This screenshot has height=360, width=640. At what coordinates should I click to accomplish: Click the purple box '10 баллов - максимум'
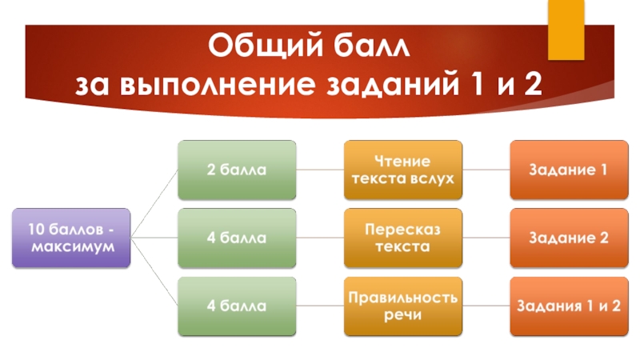pyautogui.click(x=70, y=238)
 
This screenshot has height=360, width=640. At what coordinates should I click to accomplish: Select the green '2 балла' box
pyautogui.click(x=237, y=170)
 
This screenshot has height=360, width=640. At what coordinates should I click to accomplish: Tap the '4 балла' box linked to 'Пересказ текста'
pyautogui.click(x=237, y=238)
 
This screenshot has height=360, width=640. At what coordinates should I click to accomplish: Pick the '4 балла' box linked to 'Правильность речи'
pyautogui.click(x=237, y=306)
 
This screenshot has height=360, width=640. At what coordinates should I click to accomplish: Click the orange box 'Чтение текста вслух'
pyautogui.click(x=403, y=170)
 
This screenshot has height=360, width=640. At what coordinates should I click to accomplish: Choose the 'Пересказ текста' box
pyautogui.click(x=403, y=238)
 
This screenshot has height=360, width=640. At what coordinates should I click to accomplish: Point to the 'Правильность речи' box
pyautogui.click(x=403, y=306)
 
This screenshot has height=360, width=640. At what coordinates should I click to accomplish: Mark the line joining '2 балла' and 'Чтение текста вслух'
pyautogui.click(x=320, y=170)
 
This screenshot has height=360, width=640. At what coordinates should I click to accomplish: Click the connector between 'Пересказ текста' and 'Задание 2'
pyautogui.click(x=486, y=238)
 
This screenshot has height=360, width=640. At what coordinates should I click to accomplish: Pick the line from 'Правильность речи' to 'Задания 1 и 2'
pyautogui.click(x=486, y=306)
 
